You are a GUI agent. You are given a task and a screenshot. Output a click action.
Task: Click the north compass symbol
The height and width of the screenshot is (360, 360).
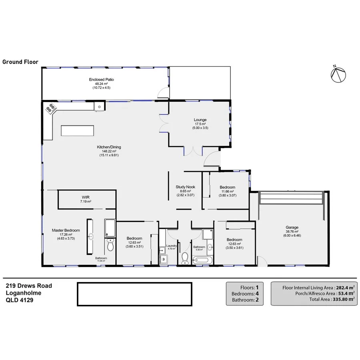click(338, 74)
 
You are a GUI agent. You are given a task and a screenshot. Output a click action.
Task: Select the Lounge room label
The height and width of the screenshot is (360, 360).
click(200, 120)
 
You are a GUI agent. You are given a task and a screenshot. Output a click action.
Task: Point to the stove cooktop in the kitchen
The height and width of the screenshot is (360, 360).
click(51, 108)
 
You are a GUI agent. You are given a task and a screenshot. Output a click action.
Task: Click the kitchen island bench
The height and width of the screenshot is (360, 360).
click(78, 131)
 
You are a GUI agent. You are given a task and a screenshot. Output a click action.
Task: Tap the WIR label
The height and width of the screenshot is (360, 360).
click(85, 197)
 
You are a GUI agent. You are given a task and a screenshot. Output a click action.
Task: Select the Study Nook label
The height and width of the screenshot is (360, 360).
click(185, 187)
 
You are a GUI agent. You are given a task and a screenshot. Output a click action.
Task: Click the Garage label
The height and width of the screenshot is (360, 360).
click(292, 227)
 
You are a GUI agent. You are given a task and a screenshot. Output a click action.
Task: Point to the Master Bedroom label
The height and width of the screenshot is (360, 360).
click(66, 230)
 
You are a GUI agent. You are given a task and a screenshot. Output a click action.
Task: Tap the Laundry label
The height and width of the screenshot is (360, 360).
click(171, 246)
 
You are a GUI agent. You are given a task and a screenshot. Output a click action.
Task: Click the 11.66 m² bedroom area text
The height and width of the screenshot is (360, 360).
click(227, 191)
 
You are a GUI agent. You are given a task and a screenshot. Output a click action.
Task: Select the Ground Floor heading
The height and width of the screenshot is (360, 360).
click(20, 62)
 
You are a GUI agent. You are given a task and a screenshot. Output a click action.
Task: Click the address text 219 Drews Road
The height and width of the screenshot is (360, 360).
click(29, 286)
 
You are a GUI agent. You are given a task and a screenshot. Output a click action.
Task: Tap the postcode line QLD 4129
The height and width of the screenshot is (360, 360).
click(20, 300)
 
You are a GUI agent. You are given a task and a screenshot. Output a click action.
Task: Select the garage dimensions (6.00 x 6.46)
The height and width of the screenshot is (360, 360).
click(292, 236)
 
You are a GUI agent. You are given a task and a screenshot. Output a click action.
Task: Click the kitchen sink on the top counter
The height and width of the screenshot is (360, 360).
click(97, 106)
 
